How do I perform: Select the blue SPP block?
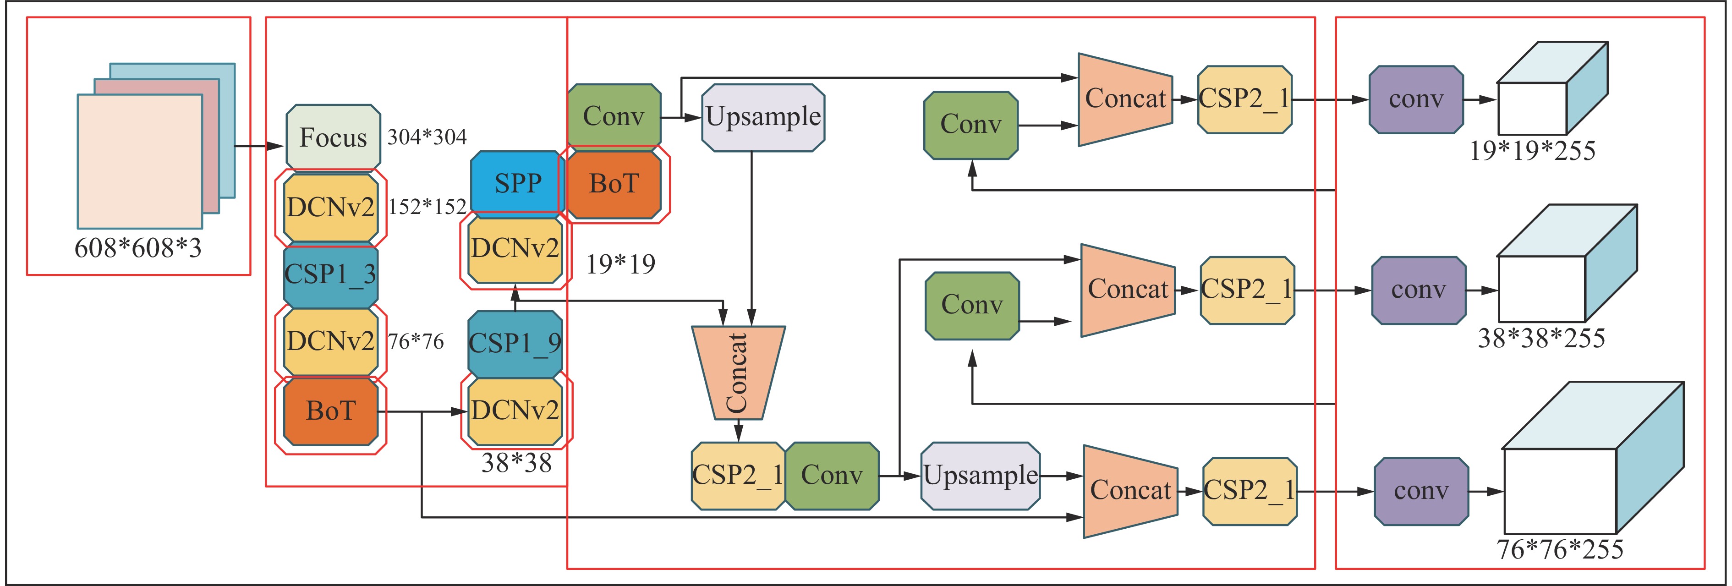pos(516,182)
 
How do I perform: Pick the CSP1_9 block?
pos(515,344)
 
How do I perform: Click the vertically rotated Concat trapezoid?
pos(738,372)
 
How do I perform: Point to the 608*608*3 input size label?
pos(138,248)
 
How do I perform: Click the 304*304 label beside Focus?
pos(427,137)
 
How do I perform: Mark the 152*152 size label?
pos(427,206)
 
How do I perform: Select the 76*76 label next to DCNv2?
pos(416,341)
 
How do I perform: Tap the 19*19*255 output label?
pos(1532,151)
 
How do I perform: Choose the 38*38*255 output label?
pos(1541,338)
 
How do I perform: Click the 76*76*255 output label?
pos(1560,549)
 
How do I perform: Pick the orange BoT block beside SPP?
pos(614,183)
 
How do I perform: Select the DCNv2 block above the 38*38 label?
pos(515,411)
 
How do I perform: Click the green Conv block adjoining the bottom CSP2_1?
pos(832,476)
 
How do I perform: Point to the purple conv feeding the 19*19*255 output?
pos(1416,99)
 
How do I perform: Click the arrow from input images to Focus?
pos(259,146)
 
